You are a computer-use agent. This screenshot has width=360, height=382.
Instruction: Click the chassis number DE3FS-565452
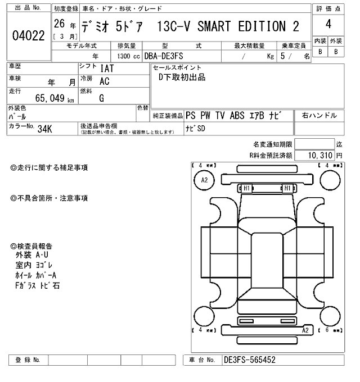(249, 360)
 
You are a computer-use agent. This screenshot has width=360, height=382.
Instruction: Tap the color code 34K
(45, 128)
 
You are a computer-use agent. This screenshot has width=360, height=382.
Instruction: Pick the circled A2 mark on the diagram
(204, 180)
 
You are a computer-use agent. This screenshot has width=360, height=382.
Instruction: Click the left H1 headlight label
(246, 188)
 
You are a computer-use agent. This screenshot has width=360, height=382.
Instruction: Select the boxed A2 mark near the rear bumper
(305, 330)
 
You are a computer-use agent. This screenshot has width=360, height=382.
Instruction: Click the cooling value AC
(104, 81)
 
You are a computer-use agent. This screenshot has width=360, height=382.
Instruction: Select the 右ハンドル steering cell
(319, 115)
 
